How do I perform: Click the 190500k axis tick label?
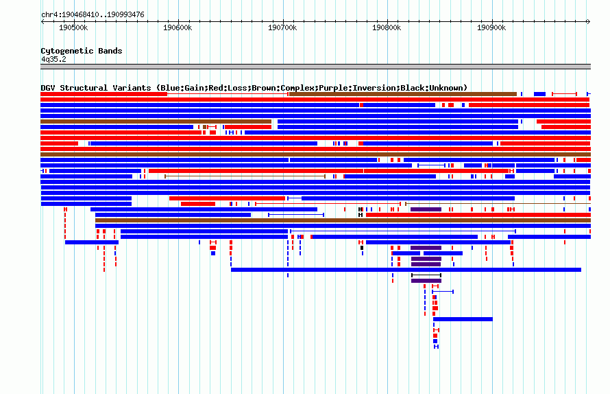(73, 27)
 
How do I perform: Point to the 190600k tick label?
(178, 27)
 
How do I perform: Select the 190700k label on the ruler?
(282, 27)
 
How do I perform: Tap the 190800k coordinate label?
(387, 27)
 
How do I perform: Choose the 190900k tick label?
(491, 27)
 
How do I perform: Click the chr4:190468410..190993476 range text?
(93, 15)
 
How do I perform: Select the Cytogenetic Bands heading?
(82, 51)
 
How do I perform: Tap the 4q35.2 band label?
(53, 59)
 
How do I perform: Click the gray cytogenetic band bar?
(315, 67)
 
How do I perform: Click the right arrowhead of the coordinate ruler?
(589, 22)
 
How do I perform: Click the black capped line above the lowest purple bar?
(426, 275)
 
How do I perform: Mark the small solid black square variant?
(362, 248)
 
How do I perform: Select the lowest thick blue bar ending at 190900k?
(463, 319)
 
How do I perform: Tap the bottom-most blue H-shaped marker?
(436, 347)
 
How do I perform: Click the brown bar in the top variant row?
(403, 94)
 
